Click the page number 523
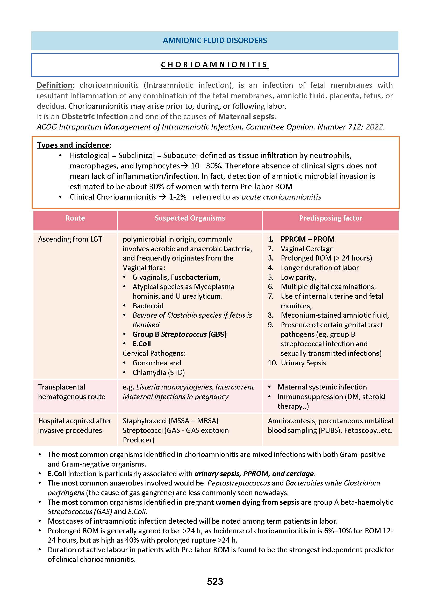[x=215, y=582]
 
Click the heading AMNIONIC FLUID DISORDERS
[x=215, y=40]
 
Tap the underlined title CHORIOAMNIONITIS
[x=215, y=65]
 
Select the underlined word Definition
[x=55, y=85]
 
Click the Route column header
[x=75, y=218]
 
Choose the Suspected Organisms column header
[x=190, y=218]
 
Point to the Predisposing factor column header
[x=331, y=218]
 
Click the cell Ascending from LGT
[x=70, y=239]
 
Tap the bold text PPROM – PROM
[x=307, y=239]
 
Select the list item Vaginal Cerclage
[x=307, y=249]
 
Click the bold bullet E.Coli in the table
[x=142, y=344]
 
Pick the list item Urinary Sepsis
[x=303, y=363]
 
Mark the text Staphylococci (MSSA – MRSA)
[x=170, y=421]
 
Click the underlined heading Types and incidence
[x=73, y=145]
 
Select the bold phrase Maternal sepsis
[x=246, y=117]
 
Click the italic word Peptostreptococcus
[x=239, y=483]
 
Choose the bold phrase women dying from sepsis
[x=257, y=502]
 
